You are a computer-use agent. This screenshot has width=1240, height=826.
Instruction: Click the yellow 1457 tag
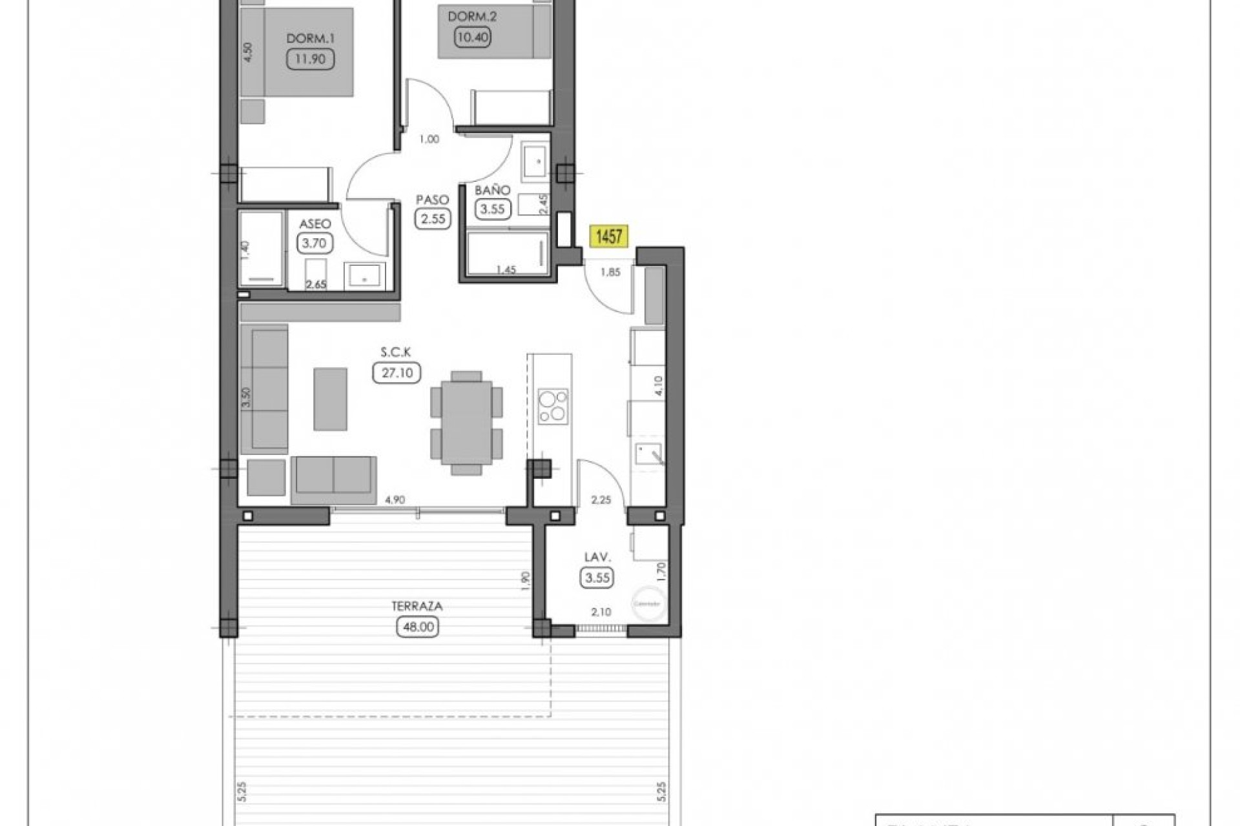tap(608, 236)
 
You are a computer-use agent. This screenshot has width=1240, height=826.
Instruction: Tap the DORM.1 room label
tap(310, 39)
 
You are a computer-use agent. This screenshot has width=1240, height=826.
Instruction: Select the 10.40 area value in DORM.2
tap(473, 37)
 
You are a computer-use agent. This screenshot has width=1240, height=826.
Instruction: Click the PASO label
tap(433, 200)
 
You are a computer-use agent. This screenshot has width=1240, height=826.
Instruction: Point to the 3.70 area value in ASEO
tap(315, 243)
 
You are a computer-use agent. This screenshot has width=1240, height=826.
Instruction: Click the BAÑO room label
tap(492, 190)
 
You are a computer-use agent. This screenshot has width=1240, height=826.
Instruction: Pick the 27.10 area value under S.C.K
tap(397, 372)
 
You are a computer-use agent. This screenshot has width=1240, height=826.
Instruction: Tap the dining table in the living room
tap(466, 422)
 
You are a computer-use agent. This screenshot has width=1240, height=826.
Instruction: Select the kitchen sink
tap(648, 454)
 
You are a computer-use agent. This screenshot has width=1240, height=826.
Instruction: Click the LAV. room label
tap(597, 557)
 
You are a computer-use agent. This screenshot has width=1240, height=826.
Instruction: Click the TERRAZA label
tap(417, 607)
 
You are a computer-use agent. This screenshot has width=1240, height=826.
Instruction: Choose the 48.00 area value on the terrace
tap(418, 627)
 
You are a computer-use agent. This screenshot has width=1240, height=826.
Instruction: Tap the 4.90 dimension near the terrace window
tap(395, 499)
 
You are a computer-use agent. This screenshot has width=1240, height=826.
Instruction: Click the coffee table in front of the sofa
tap(330, 399)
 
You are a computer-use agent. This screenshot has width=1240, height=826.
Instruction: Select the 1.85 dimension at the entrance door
tap(610, 272)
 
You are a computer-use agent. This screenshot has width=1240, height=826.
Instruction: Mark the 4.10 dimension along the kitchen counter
tap(659, 385)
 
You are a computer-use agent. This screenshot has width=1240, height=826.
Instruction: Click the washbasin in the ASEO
tap(364, 277)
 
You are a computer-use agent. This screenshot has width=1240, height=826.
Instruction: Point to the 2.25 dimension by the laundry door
tap(601, 499)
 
